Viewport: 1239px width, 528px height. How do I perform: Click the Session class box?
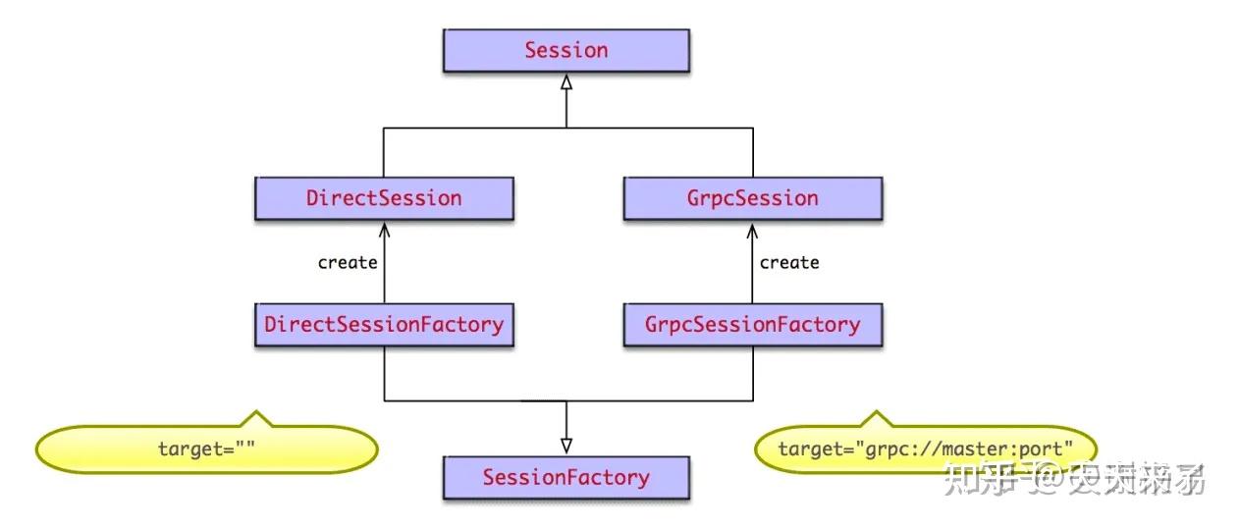coord(566,50)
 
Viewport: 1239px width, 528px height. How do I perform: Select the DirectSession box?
coord(384,198)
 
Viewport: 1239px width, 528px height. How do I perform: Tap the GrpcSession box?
coord(753,198)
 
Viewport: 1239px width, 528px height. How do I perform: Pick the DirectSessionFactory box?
coord(384,324)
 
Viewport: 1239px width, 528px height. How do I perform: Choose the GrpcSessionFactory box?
coord(753,324)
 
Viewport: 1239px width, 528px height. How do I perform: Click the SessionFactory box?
coord(566,478)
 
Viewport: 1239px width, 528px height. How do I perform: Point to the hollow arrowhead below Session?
coord(566,84)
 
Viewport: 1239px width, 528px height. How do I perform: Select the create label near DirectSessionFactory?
coord(348,262)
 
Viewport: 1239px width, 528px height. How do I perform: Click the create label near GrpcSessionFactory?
coord(789,262)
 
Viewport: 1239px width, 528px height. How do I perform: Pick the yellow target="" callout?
coord(207,449)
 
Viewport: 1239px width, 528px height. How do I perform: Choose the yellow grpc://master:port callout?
coord(923,449)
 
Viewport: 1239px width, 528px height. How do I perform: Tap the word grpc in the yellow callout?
coord(884,449)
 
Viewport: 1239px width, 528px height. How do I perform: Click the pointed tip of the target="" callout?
coord(257,412)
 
